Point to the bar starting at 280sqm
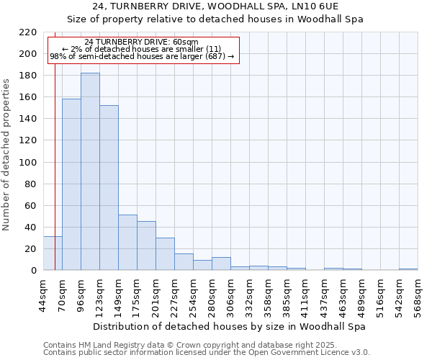tap(221, 264)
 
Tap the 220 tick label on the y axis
tap(28, 32)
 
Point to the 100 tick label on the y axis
tap(28, 162)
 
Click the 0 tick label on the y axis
tap(34, 271)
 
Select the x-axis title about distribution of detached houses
tap(230, 326)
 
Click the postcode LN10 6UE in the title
tap(318, 6)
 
